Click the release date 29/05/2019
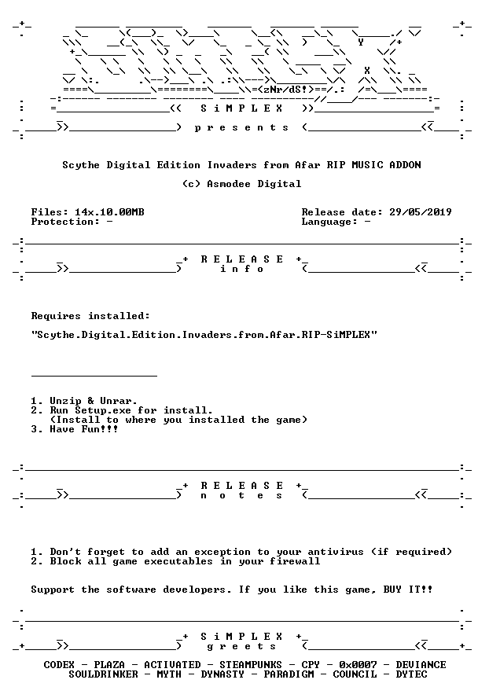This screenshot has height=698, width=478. (x=420, y=212)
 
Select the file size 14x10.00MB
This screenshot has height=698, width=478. (x=109, y=212)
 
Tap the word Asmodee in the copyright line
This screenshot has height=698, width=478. (x=229, y=184)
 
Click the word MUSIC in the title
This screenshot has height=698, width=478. (x=367, y=165)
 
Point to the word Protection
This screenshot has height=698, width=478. (x=62, y=222)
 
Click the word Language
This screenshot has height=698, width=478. (x=327, y=222)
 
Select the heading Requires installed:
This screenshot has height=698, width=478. (x=90, y=316)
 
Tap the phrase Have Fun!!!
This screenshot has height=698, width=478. (x=84, y=429)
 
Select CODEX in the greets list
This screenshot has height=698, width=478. (x=59, y=665)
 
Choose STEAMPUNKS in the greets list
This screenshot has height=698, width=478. (x=251, y=665)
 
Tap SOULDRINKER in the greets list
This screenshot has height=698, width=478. (x=103, y=674)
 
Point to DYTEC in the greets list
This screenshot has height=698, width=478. (x=412, y=674)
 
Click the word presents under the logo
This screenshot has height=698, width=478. (x=241, y=128)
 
